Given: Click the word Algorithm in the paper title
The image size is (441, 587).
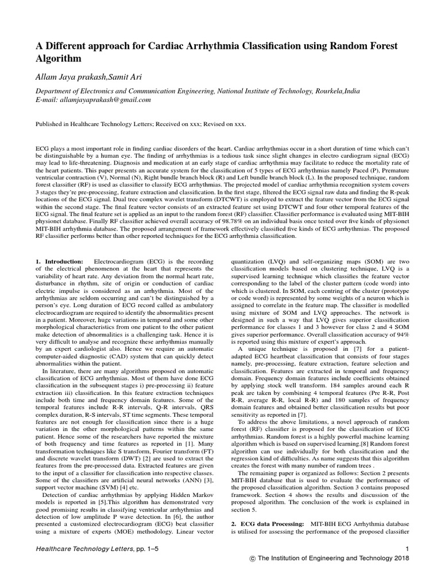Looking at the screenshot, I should [x=59, y=58].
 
